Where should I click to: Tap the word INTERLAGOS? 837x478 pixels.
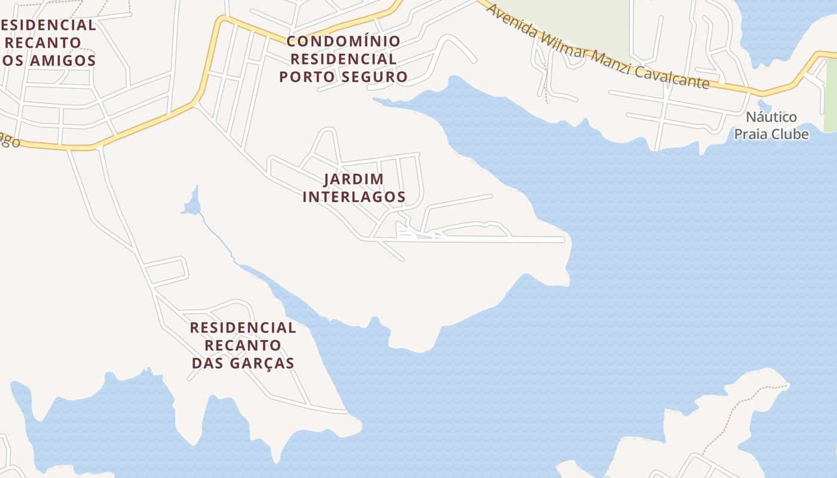pyautogui.click(x=354, y=197)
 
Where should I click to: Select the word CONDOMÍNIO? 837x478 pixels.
pyautogui.click(x=343, y=41)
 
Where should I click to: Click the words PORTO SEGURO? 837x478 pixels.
pyautogui.click(x=343, y=76)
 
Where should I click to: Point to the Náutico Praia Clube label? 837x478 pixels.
pyautogui.click(x=771, y=125)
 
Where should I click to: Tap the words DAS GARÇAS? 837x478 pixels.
pyautogui.click(x=243, y=363)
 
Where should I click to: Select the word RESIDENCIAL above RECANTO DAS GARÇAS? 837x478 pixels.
pyautogui.click(x=243, y=327)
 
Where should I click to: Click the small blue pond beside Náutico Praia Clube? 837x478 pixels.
pyautogui.click(x=761, y=106)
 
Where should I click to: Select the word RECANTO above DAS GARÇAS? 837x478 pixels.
pyautogui.click(x=243, y=345)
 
